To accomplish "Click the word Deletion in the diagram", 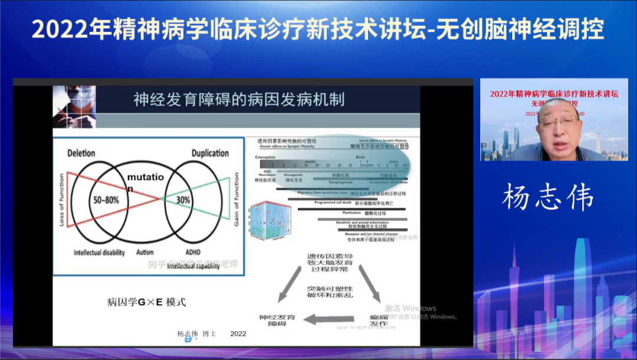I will pos(81,153).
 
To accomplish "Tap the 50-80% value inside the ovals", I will pos(106,200).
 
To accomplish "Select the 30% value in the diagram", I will pos(183,200).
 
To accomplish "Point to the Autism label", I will pos(145,252).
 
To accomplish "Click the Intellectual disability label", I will pos(98,253).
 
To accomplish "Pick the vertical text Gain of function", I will pos(237,199).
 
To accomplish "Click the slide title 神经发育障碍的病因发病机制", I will pos(239,99).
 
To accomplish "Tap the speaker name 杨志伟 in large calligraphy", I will pos(547,198).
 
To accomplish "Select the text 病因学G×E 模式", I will pos(146,302).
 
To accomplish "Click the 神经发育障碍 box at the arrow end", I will pos(277,320).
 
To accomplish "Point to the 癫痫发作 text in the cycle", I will pos(380,320).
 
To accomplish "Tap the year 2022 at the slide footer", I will pos(238,333).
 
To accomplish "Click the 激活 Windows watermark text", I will pos(411,308).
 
